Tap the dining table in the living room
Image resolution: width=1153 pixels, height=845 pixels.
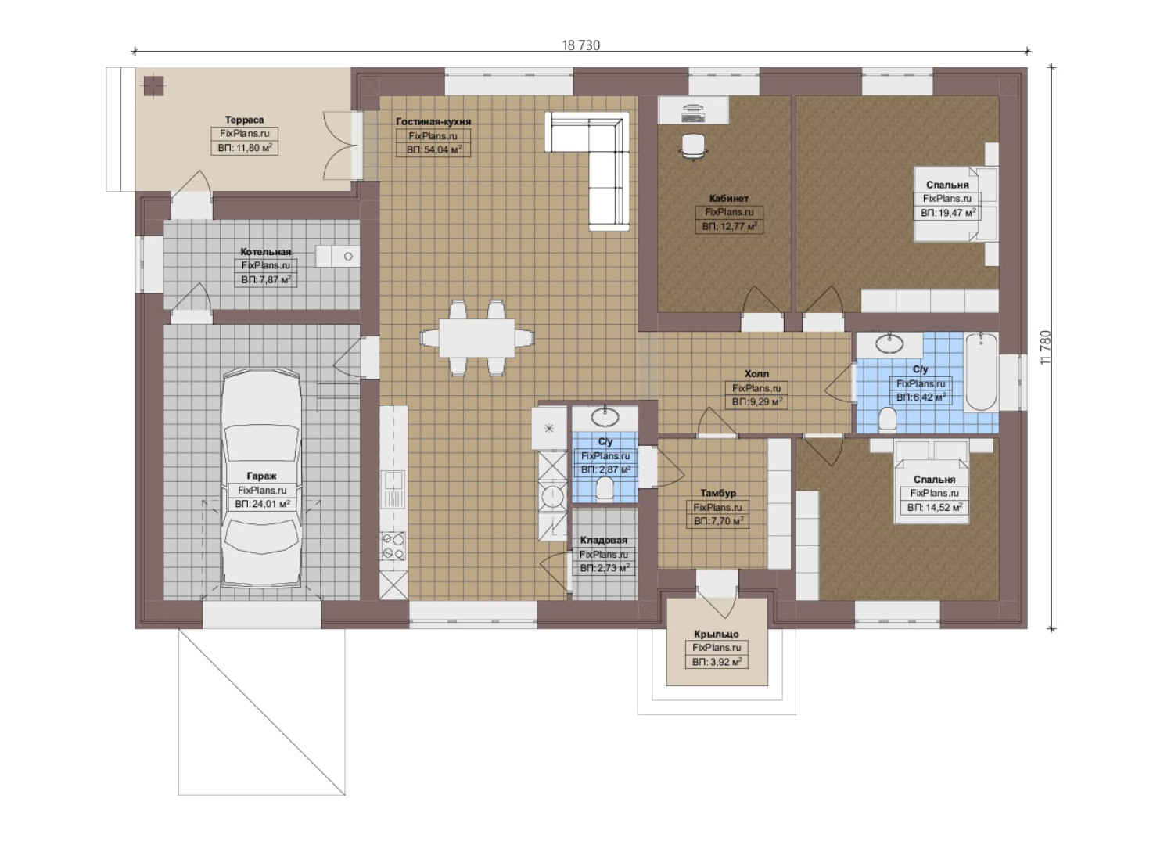coord(476,338)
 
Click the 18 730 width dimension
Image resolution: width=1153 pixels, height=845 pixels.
coord(580,45)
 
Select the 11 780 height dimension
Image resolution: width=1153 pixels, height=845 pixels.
coord(1045,347)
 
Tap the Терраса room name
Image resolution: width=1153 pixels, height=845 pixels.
coord(245,120)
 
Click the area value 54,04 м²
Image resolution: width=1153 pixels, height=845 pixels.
coord(434,150)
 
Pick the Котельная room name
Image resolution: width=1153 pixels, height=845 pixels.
coord(266,252)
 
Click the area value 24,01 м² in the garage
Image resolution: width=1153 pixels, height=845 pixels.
coord(262,504)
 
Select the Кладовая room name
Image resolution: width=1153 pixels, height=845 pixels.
coord(604,540)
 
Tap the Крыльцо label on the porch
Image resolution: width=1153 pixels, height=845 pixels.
coord(716,634)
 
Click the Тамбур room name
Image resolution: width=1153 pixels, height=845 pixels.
coord(718,493)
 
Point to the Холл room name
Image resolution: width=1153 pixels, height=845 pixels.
coord(756,374)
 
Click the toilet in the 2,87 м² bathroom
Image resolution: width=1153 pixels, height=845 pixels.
coord(605,488)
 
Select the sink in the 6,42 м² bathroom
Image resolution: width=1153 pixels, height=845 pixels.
coord(889,343)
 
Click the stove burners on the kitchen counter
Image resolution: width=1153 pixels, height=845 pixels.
coord(393,546)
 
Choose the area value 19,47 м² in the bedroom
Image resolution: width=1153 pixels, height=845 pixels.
coord(948,212)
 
